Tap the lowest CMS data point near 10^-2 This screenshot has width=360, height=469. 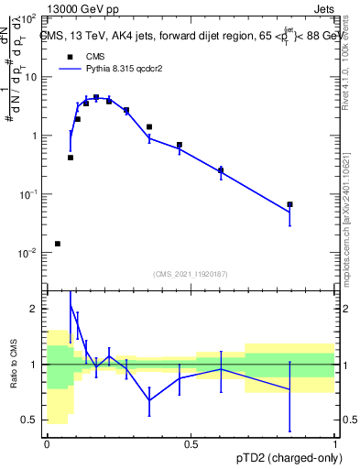[x=58, y=244]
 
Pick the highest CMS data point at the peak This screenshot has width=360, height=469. [x=96, y=97]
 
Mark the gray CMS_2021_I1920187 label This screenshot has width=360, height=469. [x=191, y=273]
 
